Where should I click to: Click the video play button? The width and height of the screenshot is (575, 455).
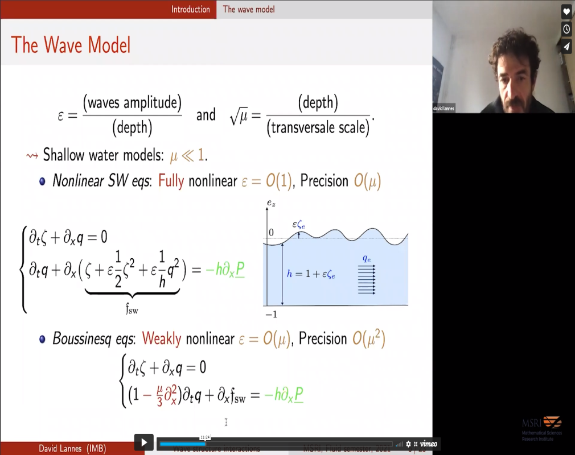pyautogui.click(x=143, y=442)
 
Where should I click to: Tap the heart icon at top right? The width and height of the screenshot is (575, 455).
pyautogui.click(x=566, y=11)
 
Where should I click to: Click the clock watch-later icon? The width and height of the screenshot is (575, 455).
pyautogui.click(x=566, y=29)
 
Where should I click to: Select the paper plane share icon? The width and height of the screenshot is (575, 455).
pyautogui.click(x=566, y=47)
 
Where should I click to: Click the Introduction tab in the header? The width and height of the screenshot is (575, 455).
pyautogui.click(x=190, y=9)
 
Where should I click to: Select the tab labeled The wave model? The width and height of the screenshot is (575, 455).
pyautogui.click(x=248, y=9)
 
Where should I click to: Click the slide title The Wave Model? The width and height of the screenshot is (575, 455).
pyautogui.click(x=71, y=45)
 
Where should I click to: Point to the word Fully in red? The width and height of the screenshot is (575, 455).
pyautogui.click(x=171, y=181)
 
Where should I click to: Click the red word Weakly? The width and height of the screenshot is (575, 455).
pyautogui.click(x=162, y=339)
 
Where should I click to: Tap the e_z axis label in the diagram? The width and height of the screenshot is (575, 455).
pyautogui.click(x=270, y=203)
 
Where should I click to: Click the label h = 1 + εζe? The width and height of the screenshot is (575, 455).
pyautogui.click(x=311, y=275)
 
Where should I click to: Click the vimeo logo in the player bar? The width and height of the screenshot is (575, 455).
pyautogui.click(x=428, y=444)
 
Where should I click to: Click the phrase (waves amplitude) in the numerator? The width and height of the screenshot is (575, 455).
pyautogui.click(x=132, y=103)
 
